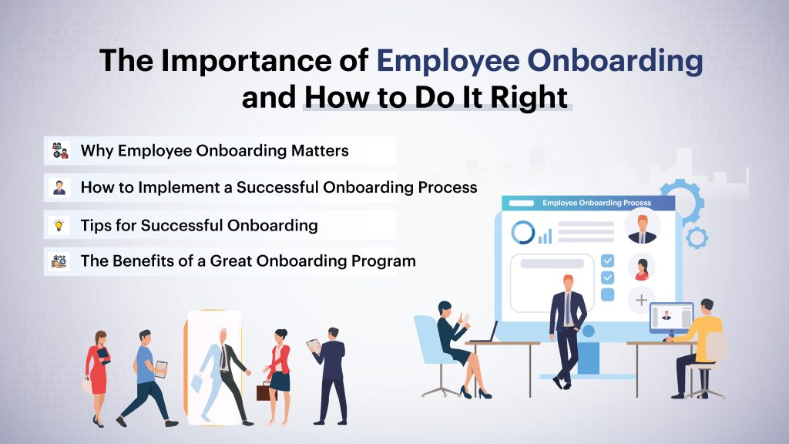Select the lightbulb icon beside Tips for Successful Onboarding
tap(59, 225)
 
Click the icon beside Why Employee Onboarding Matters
tap(59, 150)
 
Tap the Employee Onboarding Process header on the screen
tap(596, 203)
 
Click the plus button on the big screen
tap(641, 299)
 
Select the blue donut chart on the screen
tap(524, 232)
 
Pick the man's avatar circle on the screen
tap(641, 228)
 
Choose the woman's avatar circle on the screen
tap(641, 267)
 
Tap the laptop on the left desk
tap(485, 333)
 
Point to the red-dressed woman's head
tap(100, 337)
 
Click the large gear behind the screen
tap(683, 202)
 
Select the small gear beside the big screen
tap(697, 237)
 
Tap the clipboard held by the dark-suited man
tap(314, 345)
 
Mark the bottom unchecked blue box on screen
tap(607, 294)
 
